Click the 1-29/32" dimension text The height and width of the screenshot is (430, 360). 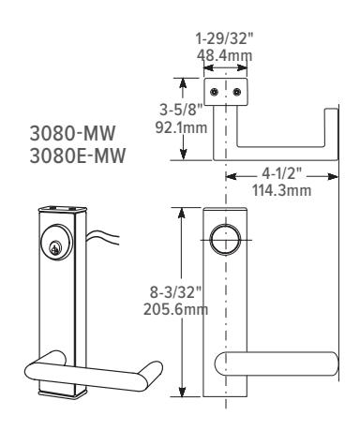pos(224,39)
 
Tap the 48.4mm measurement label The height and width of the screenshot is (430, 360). pos(224,55)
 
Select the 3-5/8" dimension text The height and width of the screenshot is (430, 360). pos(182,110)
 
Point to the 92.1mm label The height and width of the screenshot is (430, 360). pos(182,127)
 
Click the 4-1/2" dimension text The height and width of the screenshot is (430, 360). pos(281,173)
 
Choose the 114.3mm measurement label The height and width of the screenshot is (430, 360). pos(281,190)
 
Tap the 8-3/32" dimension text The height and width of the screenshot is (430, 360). pos(176,292)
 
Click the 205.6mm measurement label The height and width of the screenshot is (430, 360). pos(176,310)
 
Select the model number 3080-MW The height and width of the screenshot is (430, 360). pos(72,133)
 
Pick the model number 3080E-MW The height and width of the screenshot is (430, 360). pos(78,156)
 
